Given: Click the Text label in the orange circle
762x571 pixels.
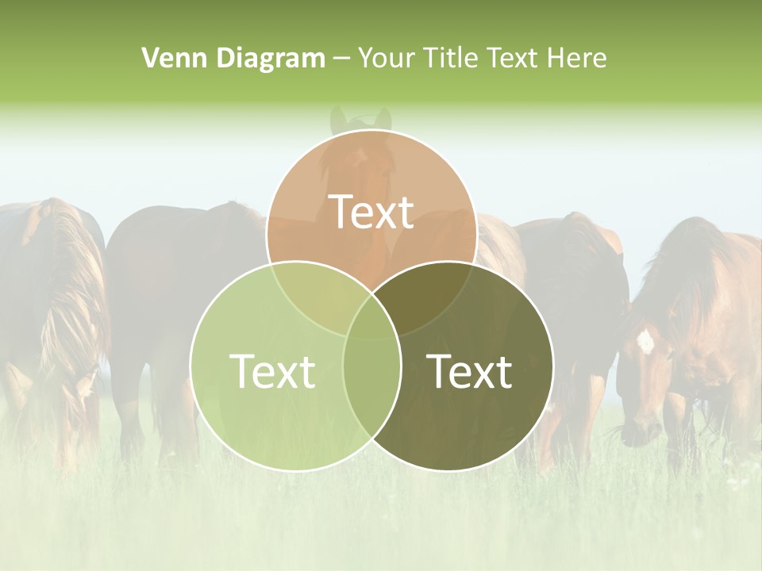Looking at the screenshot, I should pyautogui.click(x=371, y=212).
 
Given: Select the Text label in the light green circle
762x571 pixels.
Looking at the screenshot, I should pyautogui.click(x=272, y=371).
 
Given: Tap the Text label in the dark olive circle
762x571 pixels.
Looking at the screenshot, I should pyautogui.click(x=470, y=371).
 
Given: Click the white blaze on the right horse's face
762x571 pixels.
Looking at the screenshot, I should pyautogui.click(x=645, y=342).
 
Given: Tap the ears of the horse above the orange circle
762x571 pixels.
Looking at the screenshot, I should pyautogui.click(x=360, y=119).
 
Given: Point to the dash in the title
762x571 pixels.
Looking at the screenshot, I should pyautogui.click(x=341, y=58).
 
